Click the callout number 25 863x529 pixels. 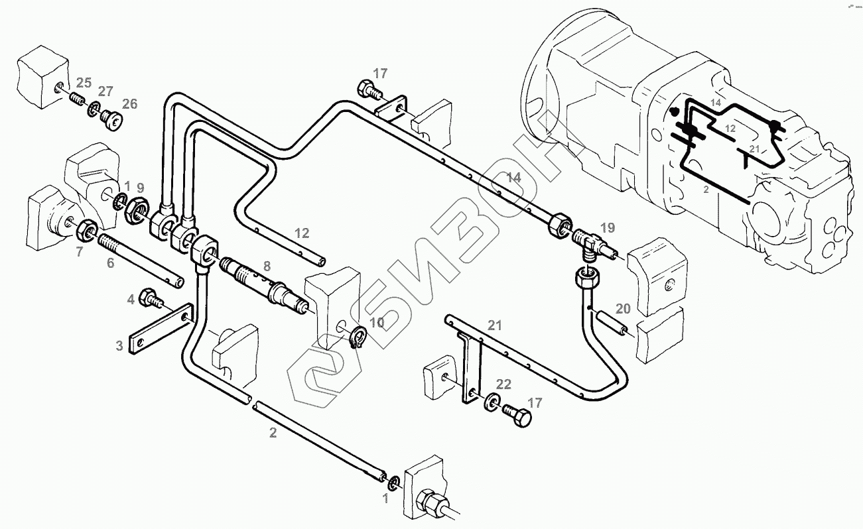(x=83, y=83)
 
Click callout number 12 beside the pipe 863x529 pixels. (x=302, y=233)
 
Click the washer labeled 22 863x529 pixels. (x=492, y=401)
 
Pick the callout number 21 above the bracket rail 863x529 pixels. (x=495, y=325)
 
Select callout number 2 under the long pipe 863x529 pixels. (x=273, y=433)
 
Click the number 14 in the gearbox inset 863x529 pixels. (x=714, y=102)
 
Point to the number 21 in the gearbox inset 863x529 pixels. (x=754, y=148)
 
